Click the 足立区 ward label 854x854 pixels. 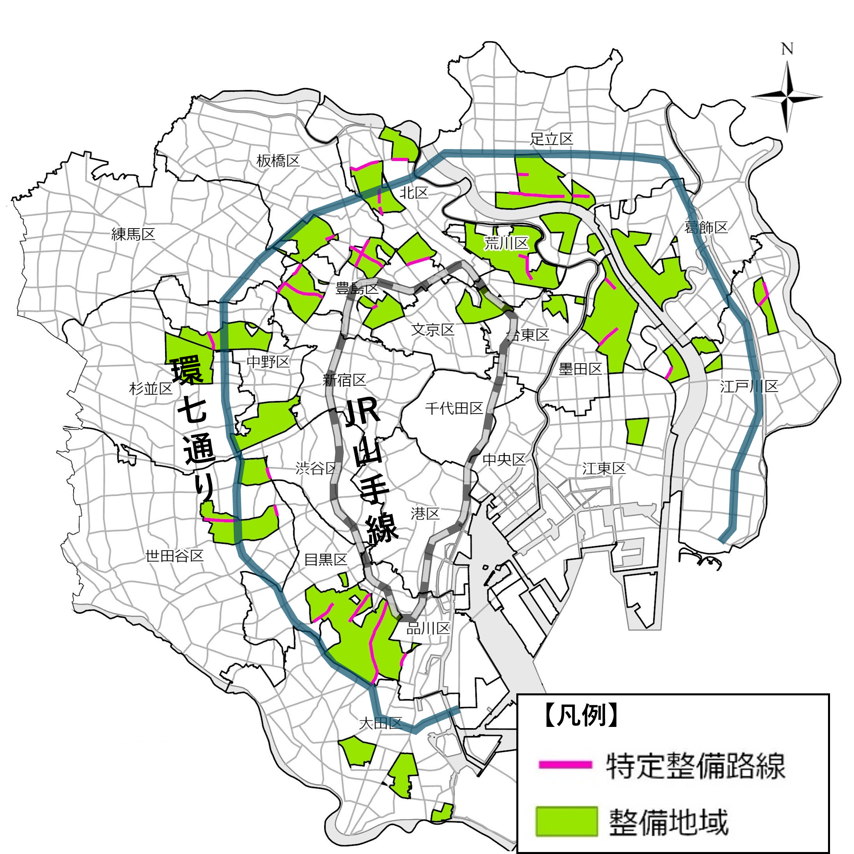(551, 139)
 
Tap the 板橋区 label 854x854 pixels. (278, 161)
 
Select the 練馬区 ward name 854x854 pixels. (133, 234)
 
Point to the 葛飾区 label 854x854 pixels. (706, 228)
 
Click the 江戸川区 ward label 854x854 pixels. (749, 386)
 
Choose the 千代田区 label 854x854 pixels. (454, 408)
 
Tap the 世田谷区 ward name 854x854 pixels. (175, 555)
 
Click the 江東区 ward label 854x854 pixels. (604, 468)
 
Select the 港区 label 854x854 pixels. (425, 513)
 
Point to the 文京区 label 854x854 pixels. (433, 329)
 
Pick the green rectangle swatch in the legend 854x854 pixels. (566, 821)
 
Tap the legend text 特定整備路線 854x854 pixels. (696, 766)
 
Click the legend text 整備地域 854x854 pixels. (668, 822)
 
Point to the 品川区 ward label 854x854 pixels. (428, 628)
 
